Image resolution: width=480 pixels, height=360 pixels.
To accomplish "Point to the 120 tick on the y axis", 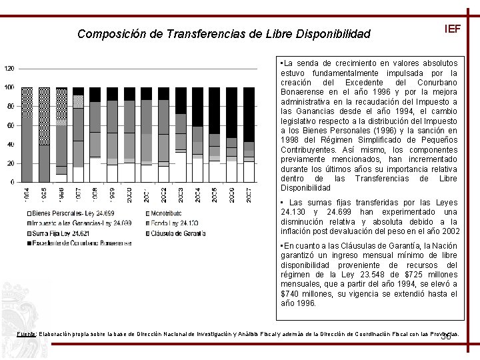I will coord(9,68).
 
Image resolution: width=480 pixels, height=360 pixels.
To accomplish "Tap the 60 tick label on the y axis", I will coord(11,125).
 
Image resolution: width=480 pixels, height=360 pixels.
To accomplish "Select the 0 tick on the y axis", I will coord(13,182).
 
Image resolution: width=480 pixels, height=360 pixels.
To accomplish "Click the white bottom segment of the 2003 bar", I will coord(181,167).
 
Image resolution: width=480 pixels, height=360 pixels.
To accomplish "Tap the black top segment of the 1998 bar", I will coord(95,94).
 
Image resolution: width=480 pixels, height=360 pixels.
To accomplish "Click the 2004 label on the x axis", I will coord(197,196).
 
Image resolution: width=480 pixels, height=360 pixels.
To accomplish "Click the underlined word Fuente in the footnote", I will coord(27,333).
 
